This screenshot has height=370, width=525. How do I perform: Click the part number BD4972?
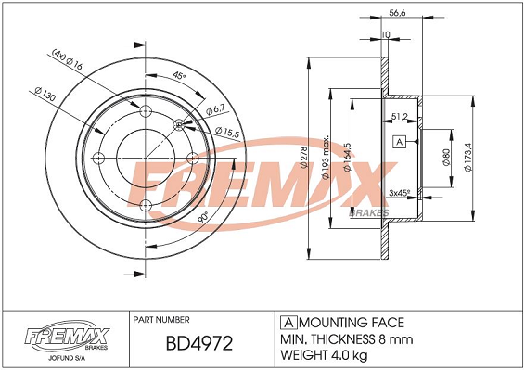tap(199, 343)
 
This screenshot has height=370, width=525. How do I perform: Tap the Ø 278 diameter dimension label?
tap(304, 158)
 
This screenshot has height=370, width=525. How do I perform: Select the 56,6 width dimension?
tap(398, 13)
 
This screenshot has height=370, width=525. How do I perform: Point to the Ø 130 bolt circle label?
tap(45, 94)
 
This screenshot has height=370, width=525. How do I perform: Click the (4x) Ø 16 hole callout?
tap(68, 59)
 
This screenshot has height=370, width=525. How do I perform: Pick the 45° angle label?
tap(179, 75)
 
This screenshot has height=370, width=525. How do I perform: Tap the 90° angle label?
tap(203, 218)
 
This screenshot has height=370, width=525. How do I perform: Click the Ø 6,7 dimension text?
tap(217, 109)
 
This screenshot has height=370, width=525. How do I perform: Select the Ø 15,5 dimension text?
tap(227, 132)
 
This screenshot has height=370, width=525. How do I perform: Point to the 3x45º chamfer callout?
tap(400, 193)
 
